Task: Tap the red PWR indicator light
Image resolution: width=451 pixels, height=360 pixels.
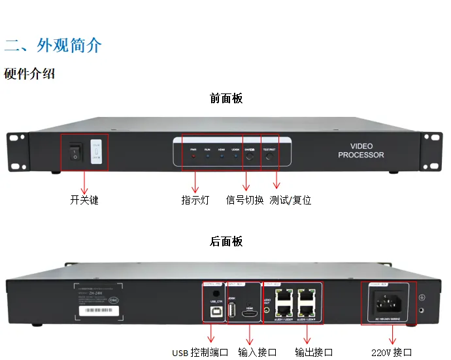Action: (193, 157)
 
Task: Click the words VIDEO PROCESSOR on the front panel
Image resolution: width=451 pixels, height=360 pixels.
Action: (361, 151)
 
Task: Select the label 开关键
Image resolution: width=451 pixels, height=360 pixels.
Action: (84, 201)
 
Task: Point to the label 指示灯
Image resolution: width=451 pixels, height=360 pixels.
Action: (195, 201)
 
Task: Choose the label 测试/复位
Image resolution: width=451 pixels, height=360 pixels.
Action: (291, 201)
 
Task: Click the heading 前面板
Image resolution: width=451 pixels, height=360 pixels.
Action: (226, 99)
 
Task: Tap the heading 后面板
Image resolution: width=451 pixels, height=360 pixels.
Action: (226, 241)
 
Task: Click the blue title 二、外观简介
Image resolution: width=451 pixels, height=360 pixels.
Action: (54, 46)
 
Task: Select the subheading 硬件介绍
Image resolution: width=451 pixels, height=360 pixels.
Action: (29, 73)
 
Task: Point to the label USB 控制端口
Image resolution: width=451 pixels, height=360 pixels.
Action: (200, 353)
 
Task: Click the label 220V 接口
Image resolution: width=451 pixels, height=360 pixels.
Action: (392, 353)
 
